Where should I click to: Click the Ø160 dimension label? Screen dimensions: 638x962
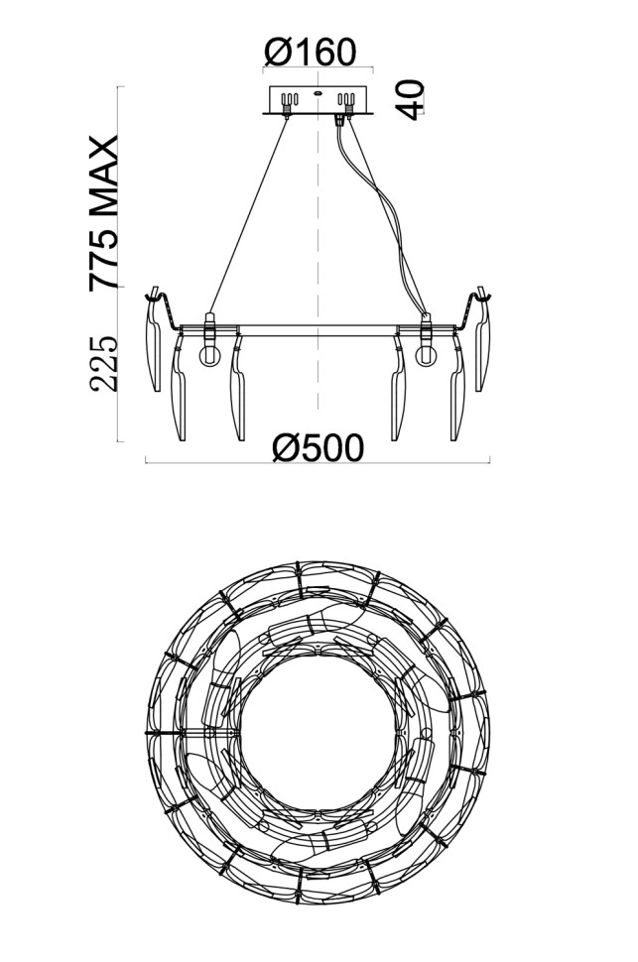[x=310, y=52]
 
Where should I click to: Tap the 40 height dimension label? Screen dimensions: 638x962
[x=411, y=99]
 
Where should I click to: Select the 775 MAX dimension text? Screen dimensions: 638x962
[x=104, y=213]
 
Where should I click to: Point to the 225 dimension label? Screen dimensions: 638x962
[x=104, y=364]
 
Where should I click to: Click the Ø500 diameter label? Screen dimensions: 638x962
[x=319, y=448]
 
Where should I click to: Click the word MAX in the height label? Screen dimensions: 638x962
[x=104, y=176]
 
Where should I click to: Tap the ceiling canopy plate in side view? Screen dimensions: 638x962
[x=319, y=100]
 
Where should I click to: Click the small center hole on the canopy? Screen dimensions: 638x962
[x=319, y=94]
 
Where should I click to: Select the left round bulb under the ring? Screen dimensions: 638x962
[x=210, y=356]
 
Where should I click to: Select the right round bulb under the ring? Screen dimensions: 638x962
[x=426, y=356]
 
